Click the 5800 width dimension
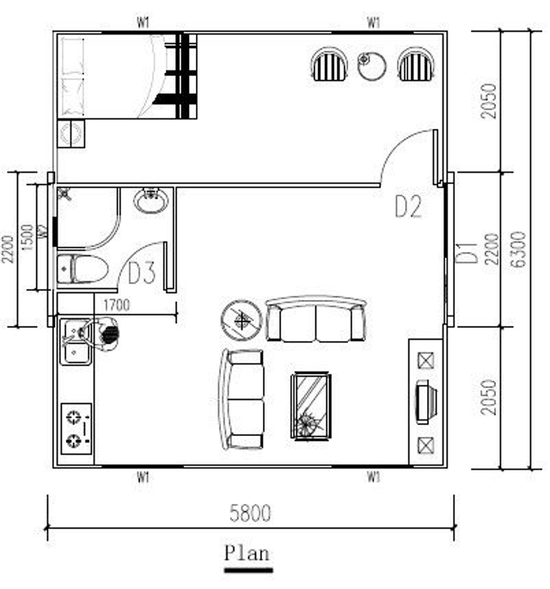click(250, 513)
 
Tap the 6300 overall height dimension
click(519, 249)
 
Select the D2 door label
click(408, 206)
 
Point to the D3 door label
click(142, 273)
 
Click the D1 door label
click(467, 253)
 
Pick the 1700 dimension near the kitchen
click(116, 305)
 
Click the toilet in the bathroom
click(83, 268)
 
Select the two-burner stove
click(76, 428)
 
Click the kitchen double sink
click(76, 341)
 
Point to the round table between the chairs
click(371, 65)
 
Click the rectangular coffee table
click(312, 406)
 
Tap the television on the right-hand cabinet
click(426, 402)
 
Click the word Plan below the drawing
click(247, 553)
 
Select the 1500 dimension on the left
click(27, 237)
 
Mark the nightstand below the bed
click(71, 134)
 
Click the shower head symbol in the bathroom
click(64, 194)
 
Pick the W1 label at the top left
click(143, 23)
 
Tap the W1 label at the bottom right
click(373, 477)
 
